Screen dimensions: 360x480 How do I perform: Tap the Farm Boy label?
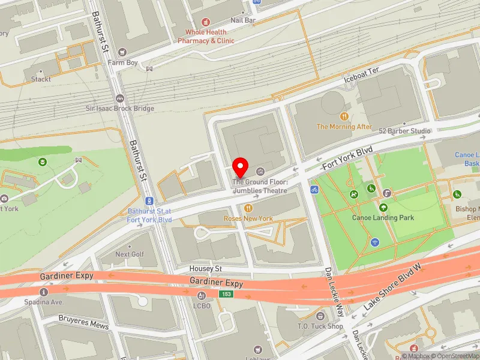click(122, 62)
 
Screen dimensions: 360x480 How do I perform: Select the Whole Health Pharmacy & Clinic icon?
click(206, 22)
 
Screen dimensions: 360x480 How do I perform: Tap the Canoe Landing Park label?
click(383, 217)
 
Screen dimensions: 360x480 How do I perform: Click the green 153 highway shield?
click(226, 294)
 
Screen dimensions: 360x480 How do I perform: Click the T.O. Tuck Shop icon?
click(320, 316)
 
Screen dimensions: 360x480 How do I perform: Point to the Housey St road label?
click(206, 269)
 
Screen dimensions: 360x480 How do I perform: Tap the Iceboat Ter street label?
click(361, 82)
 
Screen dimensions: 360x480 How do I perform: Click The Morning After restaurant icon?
click(344, 116)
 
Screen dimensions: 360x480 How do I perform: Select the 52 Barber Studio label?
click(404, 131)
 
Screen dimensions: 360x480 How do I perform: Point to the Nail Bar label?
click(243, 20)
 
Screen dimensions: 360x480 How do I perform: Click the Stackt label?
click(41, 79)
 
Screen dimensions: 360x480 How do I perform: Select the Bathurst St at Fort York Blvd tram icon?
click(149, 201)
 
